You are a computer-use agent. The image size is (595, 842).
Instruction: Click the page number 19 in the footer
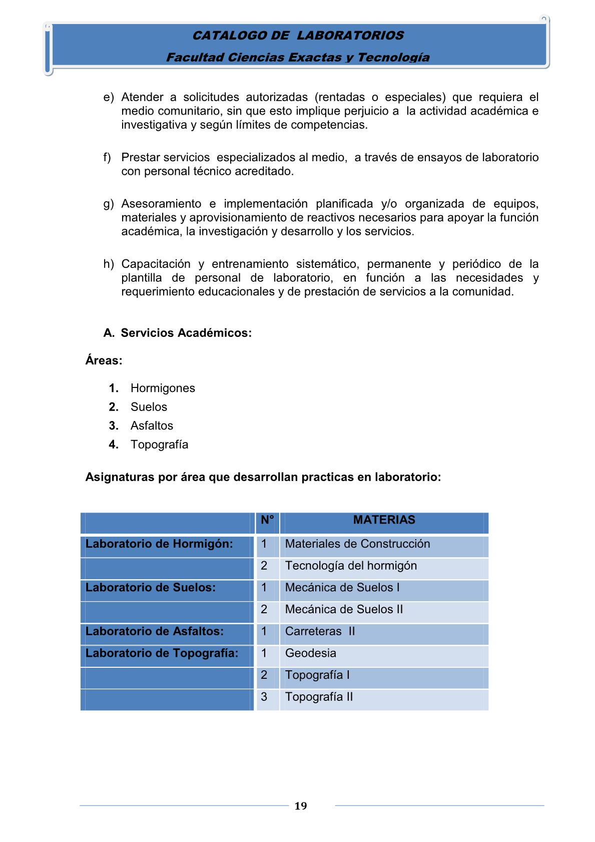click(301, 806)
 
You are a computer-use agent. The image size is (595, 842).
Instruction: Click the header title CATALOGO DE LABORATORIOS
click(298, 36)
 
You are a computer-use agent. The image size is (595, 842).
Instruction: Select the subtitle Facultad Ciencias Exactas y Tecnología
click(298, 58)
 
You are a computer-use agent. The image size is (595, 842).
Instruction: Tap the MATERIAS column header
click(384, 520)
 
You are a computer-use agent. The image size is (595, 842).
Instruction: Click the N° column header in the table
click(267, 520)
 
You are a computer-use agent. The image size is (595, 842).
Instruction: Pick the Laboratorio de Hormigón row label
click(159, 544)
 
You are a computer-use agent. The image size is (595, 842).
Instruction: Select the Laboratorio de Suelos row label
click(151, 588)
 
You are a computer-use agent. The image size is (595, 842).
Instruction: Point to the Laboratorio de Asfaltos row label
click(155, 631)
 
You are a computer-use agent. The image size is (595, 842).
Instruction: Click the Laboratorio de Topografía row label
click(162, 653)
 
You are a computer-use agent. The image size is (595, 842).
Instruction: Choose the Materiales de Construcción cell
click(357, 544)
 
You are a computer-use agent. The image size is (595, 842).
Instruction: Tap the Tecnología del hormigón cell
click(351, 566)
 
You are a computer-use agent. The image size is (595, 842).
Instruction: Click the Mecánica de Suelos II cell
click(344, 610)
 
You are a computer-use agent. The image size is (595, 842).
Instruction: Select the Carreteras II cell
click(320, 631)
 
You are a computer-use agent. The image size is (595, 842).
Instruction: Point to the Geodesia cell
click(311, 653)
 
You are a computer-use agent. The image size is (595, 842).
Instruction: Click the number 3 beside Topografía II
click(264, 697)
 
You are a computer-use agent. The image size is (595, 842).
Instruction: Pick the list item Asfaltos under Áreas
click(152, 426)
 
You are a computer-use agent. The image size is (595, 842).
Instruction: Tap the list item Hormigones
click(163, 388)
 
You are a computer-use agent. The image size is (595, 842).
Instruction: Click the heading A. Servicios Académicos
click(178, 333)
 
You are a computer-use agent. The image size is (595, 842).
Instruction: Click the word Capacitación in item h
click(156, 264)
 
